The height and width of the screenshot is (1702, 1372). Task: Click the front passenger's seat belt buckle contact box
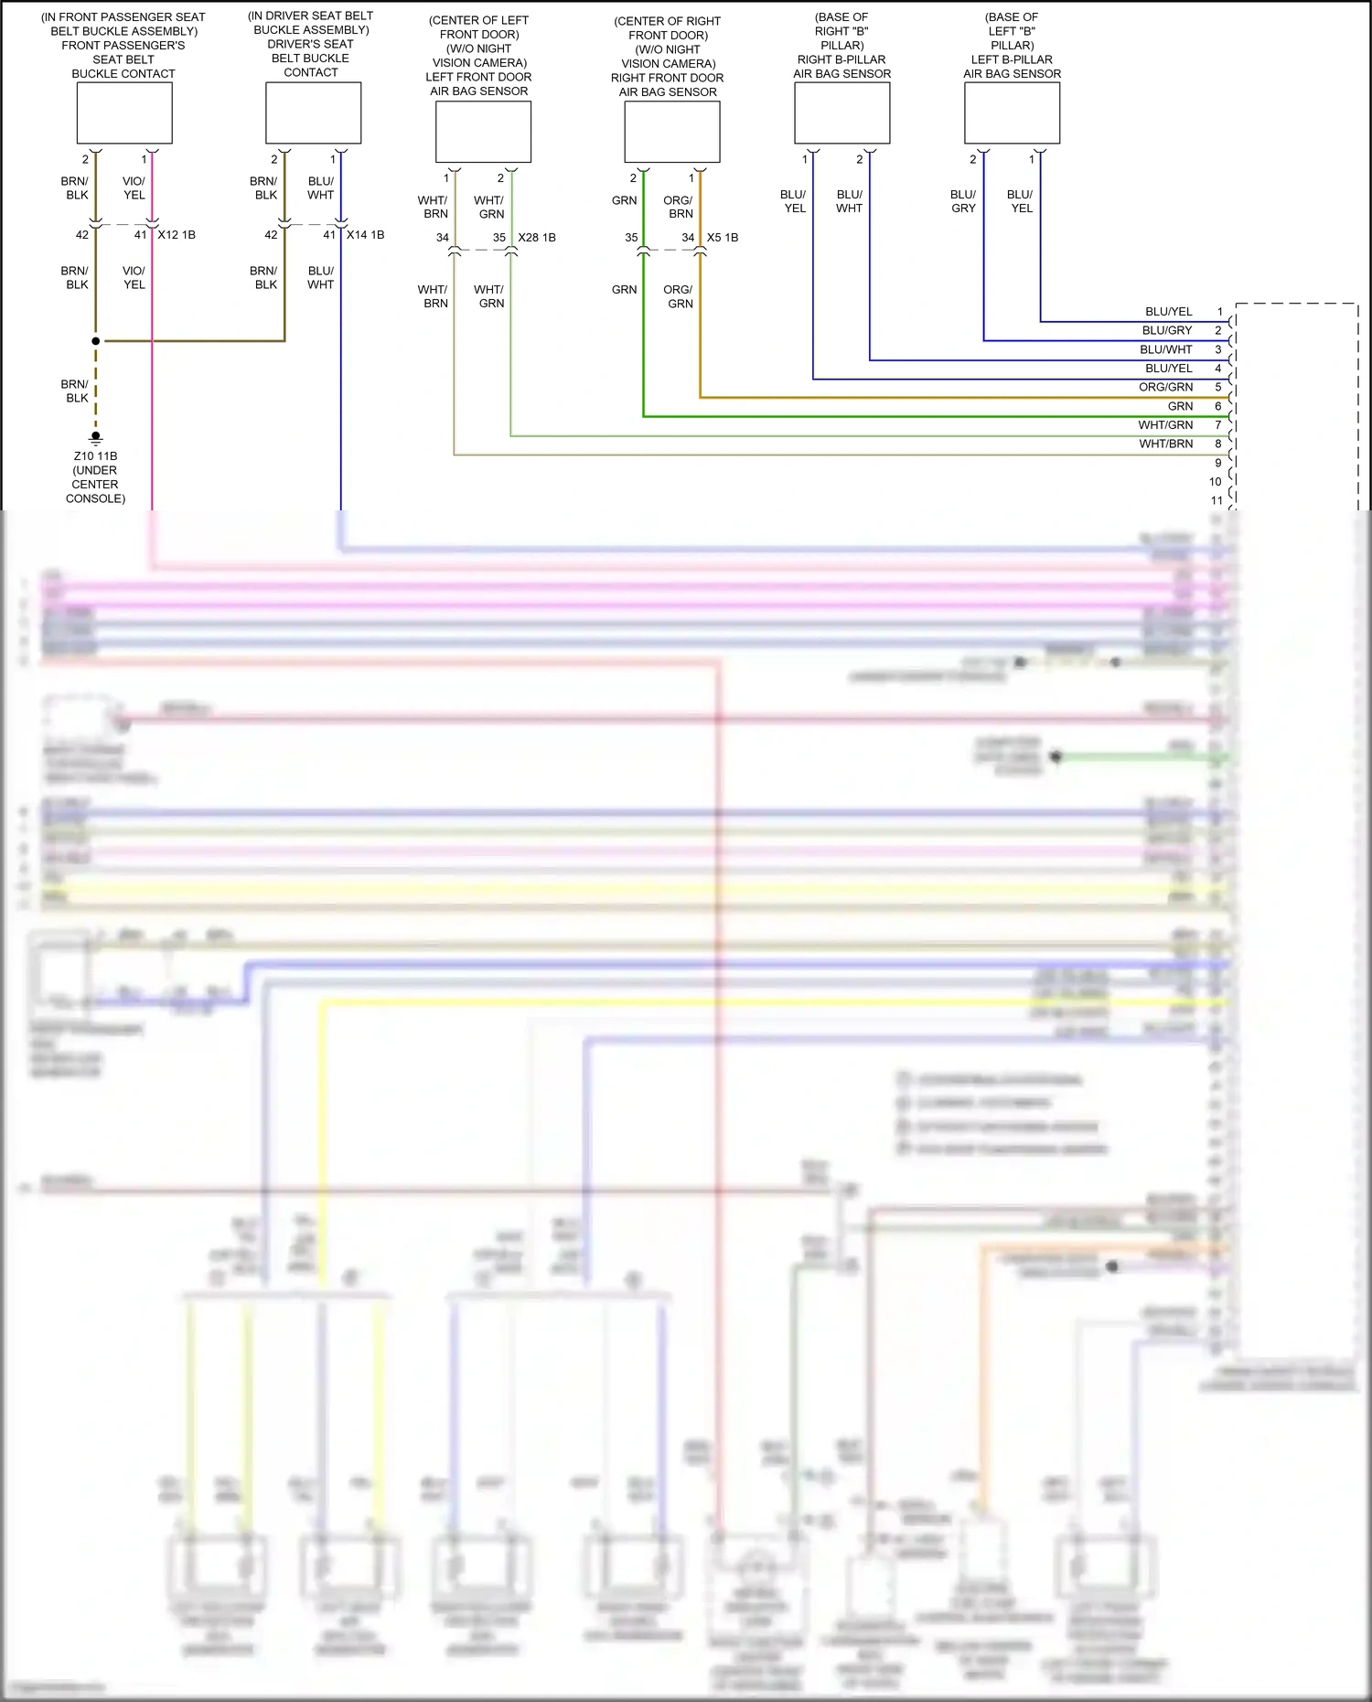coord(124,113)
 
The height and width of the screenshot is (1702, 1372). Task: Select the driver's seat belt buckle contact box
coord(313,113)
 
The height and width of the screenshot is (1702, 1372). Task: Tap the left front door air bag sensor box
coord(483,132)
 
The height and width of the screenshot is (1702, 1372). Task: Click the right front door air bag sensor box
coord(671,132)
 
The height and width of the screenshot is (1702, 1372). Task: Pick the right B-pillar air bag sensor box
coord(841,113)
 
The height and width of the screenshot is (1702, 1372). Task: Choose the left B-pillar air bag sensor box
coord(1012,113)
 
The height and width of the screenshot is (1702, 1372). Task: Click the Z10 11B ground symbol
coord(95,438)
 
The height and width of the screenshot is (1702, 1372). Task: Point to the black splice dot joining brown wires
coord(95,341)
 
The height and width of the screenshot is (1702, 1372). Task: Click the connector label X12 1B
coord(177,235)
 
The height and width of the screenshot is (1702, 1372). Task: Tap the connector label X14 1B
coord(365,235)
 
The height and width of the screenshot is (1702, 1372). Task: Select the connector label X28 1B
coord(537,238)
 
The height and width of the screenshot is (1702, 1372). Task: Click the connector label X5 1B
coord(723,238)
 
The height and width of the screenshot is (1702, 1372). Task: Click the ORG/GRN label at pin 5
coord(1165,387)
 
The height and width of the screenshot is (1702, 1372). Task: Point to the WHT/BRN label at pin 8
coord(1165,444)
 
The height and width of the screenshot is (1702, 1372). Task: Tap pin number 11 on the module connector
coord(1217,500)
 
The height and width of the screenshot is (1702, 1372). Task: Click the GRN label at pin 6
coord(1180,406)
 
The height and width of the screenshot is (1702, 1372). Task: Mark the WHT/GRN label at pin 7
coord(1165,424)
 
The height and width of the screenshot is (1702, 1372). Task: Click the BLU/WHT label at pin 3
coord(1165,349)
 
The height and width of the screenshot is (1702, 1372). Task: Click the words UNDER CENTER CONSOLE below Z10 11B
coord(95,485)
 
